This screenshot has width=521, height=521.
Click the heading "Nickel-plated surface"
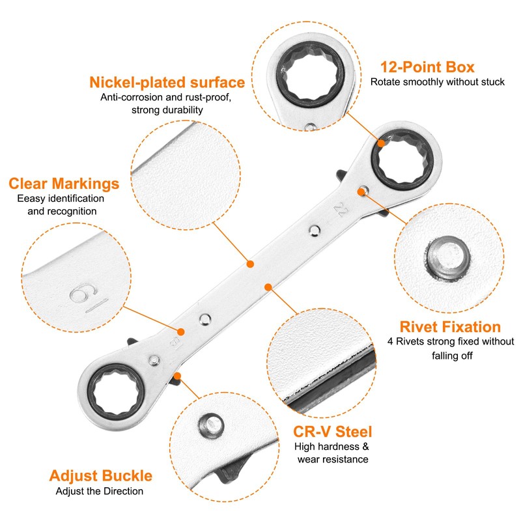pos(167,83)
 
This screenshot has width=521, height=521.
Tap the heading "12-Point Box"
pos(427,66)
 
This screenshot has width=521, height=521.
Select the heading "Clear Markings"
pos(63,183)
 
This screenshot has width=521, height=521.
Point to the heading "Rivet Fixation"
pos(450,326)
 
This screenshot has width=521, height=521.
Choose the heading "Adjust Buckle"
pos(100,475)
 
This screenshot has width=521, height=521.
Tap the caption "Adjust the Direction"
pos(99,491)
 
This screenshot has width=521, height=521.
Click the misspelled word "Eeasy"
pos(32,198)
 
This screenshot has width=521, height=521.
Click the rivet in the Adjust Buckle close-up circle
pos(210,427)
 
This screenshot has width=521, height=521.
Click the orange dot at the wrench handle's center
pos(249,264)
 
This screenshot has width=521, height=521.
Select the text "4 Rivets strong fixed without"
pos(450,341)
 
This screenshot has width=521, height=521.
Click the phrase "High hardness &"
pos(331,447)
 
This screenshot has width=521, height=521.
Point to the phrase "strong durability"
pos(167,110)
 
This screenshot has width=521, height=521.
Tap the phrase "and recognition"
pos(63,211)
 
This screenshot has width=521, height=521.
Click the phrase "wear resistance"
pos(333,459)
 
